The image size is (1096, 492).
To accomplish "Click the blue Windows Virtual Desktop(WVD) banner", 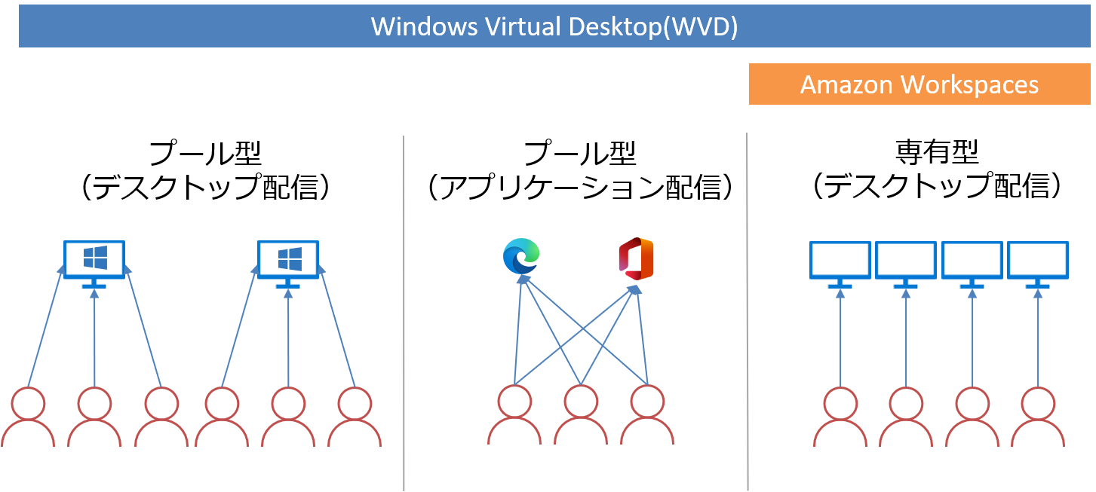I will (554, 26).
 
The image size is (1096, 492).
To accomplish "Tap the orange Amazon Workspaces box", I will (919, 84).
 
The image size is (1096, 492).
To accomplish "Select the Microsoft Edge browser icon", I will (521, 256).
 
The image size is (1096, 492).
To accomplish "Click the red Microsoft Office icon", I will (635, 258).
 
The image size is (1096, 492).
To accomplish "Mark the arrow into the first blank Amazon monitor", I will (840, 339).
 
